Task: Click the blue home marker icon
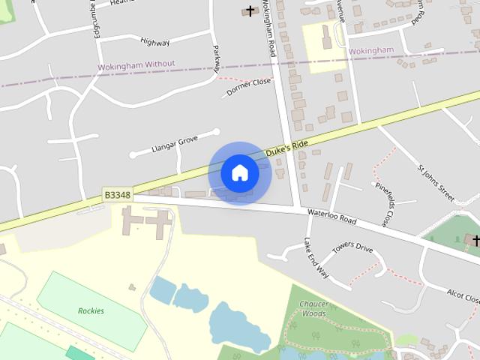(x=240, y=173)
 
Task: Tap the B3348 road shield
(x=117, y=195)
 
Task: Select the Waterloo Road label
(x=332, y=217)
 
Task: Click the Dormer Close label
(x=248, y=86)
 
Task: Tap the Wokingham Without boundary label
(x=136, y=65)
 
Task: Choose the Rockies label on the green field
(x=91, y=310)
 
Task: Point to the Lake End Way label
(x=316, y=259)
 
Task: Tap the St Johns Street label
(x=435, y=180)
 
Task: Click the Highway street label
(x=155, y=43)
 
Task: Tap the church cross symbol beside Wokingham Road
(x=250, y=10)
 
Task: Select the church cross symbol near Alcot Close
(x=475, y=240)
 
